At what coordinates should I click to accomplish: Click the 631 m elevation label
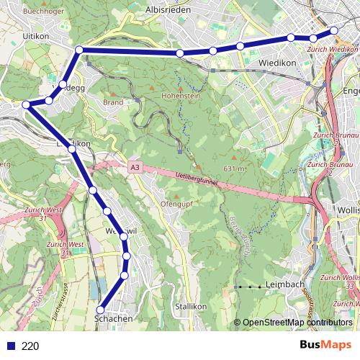tap(235, 168)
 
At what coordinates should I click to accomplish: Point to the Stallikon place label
tap(190, 306)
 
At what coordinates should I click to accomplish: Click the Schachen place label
tap(114, 318)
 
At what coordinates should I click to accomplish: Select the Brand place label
tap(113, 102)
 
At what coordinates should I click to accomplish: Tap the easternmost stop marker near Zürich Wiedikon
tap(334, 30)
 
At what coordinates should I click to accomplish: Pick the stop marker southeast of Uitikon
tap(79, 50)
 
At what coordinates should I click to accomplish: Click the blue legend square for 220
tap(9, 346)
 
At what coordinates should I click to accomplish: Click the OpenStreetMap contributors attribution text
tap(297, 323)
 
